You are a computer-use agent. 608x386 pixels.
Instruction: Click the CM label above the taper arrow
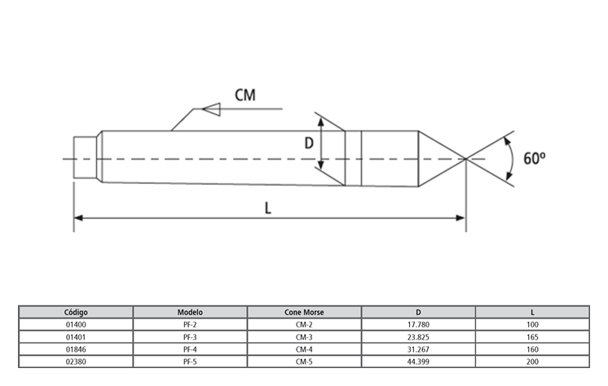coord(245,95)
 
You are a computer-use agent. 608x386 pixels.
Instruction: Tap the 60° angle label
coord(535,158)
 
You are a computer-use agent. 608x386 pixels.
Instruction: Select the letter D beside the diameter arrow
coord(309,143)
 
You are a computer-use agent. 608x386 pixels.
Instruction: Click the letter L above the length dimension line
coord(268,208)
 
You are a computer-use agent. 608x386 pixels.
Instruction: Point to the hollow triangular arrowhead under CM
coord(211,109)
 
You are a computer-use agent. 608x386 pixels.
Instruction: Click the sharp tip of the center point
coord(465,159)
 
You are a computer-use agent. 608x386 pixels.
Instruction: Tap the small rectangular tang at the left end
coord(86,157)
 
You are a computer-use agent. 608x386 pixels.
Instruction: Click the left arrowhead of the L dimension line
coord(78,217)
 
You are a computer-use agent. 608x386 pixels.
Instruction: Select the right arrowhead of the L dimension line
coord(460,217)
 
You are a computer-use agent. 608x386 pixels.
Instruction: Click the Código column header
coord(76,312)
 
